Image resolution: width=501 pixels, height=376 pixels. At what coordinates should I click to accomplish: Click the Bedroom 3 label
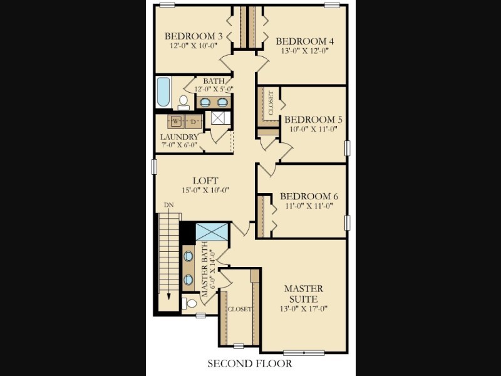[194, 36]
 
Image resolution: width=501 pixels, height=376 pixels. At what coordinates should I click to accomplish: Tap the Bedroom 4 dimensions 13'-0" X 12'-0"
[305, 51]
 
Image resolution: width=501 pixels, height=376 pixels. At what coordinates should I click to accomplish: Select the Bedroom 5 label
[314, 120]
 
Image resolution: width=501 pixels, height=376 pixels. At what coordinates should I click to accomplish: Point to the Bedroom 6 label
[309, 196]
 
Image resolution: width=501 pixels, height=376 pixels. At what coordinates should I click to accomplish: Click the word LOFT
[205, 180]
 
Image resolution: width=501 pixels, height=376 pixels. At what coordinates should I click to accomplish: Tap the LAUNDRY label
[179, 137]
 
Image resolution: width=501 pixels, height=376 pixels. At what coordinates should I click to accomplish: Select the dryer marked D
[194, 122]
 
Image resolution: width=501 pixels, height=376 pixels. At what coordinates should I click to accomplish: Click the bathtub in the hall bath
[163, 92]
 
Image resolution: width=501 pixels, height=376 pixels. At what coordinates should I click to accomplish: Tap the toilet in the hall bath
[183, 102]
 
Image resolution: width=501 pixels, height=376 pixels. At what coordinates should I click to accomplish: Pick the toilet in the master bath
[190, 303]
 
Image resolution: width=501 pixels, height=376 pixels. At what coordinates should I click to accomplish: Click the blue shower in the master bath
[212, 232]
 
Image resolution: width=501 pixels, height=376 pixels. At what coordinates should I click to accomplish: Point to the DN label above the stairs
[168, 205]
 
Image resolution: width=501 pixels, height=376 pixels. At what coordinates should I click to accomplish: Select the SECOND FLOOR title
[250, 363]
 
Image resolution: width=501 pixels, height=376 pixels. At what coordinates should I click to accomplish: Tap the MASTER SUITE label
[304, 294]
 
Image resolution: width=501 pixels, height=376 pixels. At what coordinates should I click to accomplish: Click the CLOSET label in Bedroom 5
[271, 103]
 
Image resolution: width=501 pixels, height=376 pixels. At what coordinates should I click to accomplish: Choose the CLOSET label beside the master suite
[239, 309]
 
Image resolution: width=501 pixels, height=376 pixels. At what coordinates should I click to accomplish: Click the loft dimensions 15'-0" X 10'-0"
[205, 191]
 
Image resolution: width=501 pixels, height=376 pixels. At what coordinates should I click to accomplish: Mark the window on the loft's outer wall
[154, 167]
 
